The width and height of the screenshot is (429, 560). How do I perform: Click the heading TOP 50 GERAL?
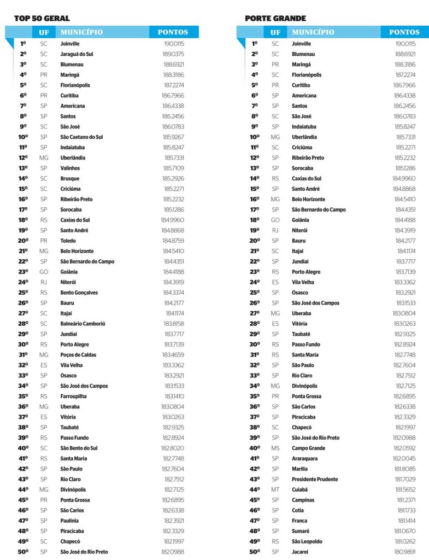pyautogui.click(x=42, y=19)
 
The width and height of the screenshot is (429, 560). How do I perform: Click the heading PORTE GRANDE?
pyautogui.click(x=275, y=19)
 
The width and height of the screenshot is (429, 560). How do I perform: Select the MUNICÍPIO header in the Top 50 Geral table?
pyautogui.click(x=81, y=32)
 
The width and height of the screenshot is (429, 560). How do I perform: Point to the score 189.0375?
pyautogui.click(x=173, y=54)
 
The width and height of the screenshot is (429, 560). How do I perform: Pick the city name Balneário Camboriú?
pyautogui.click(x=83, y=324)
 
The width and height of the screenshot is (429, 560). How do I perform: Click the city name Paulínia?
pyautogui.click(x=69, y=521)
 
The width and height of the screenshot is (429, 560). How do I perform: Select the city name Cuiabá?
pyautogui.click(x=300, y=489)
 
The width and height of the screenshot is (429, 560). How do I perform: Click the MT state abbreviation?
pyautogui.click(x=275, y=489)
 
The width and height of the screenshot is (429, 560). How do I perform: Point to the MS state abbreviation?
pyautogui.click(x=275, y=448)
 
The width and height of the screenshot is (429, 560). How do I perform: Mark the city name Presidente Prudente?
pyautogui.click(x=315, y=479)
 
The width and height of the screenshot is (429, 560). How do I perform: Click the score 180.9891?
pyautogui.click(x=405, y=552)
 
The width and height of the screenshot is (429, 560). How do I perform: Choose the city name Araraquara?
pyautogui.click(x=305, y=458)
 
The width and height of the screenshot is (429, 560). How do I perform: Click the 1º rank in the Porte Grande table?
pyautogui.click(x=254, y=44)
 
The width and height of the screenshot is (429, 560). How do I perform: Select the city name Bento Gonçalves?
pyautogui.click(x=79, y=293)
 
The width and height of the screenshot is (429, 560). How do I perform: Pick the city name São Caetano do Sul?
pyautogui.click(x=81, y=137)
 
